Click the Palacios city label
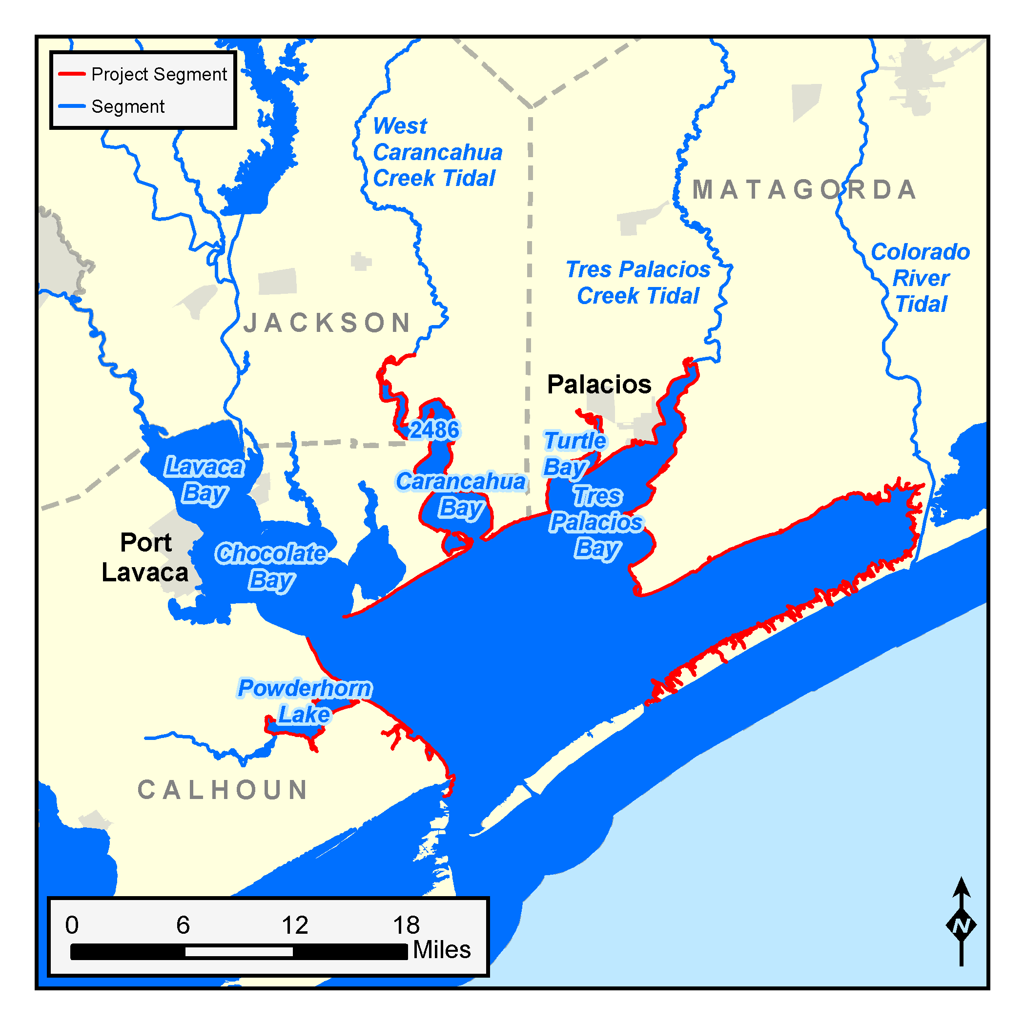(599, 384)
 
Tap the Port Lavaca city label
(145, 557)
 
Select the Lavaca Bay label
(204, 480)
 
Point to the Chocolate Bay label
(271, 567)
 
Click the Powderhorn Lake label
(305, 701)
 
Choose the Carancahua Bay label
(460, 494)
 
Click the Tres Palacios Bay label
(597, 522)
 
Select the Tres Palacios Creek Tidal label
(638, 283)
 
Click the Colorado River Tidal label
(921, 278)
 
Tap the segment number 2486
(434, 430)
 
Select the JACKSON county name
(328, 323)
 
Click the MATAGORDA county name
(804, 190)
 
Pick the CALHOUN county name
(223, 790)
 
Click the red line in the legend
(72, 74)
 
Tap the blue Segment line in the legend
(72, 106)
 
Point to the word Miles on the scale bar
(441, 950)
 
